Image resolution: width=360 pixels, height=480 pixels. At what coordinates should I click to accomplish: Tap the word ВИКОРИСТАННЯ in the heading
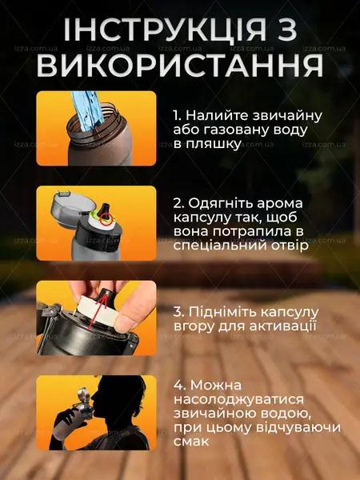click(x=180, y=66)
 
